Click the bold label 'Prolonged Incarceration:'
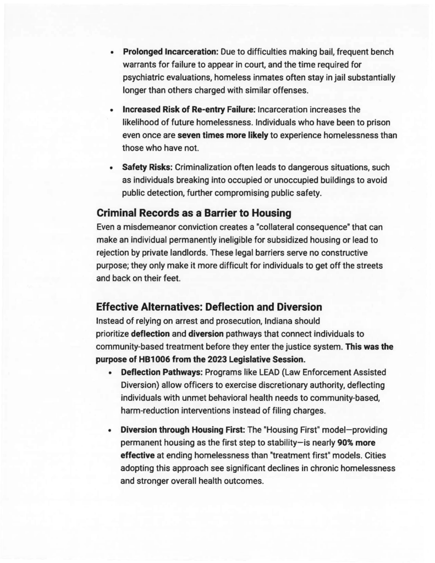click(170, 52)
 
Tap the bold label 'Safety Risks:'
click(147, 167)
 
